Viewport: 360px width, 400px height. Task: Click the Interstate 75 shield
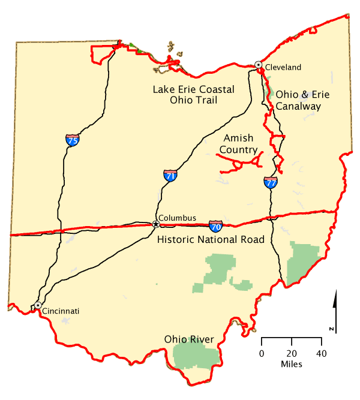[72, 140]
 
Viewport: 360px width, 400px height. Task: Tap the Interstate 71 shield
[170, 176]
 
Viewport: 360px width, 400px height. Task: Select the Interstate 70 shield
[216, 226]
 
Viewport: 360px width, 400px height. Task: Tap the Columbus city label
[177, 217]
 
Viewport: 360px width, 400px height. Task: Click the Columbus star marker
[156, 224]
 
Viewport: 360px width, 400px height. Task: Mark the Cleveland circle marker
[259, 64]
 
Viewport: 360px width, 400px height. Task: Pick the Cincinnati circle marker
[38, 305]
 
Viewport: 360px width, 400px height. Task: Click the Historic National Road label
[211, 240]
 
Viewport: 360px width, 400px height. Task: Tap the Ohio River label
[190, 340]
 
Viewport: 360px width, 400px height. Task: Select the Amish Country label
[238, 144]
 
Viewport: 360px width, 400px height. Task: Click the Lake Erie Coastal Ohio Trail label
[193, 95]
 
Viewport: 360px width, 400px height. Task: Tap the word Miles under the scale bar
[291, 364]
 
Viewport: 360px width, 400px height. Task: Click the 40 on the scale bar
[321, 353]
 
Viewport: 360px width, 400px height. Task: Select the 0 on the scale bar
[262, 353]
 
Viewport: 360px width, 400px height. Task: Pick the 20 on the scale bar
[292, 353]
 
